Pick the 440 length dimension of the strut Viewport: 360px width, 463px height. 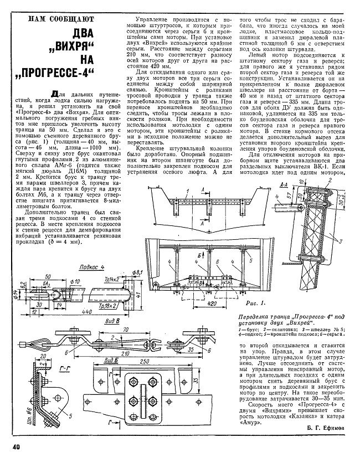pyautogui.click(x=69, y=312)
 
